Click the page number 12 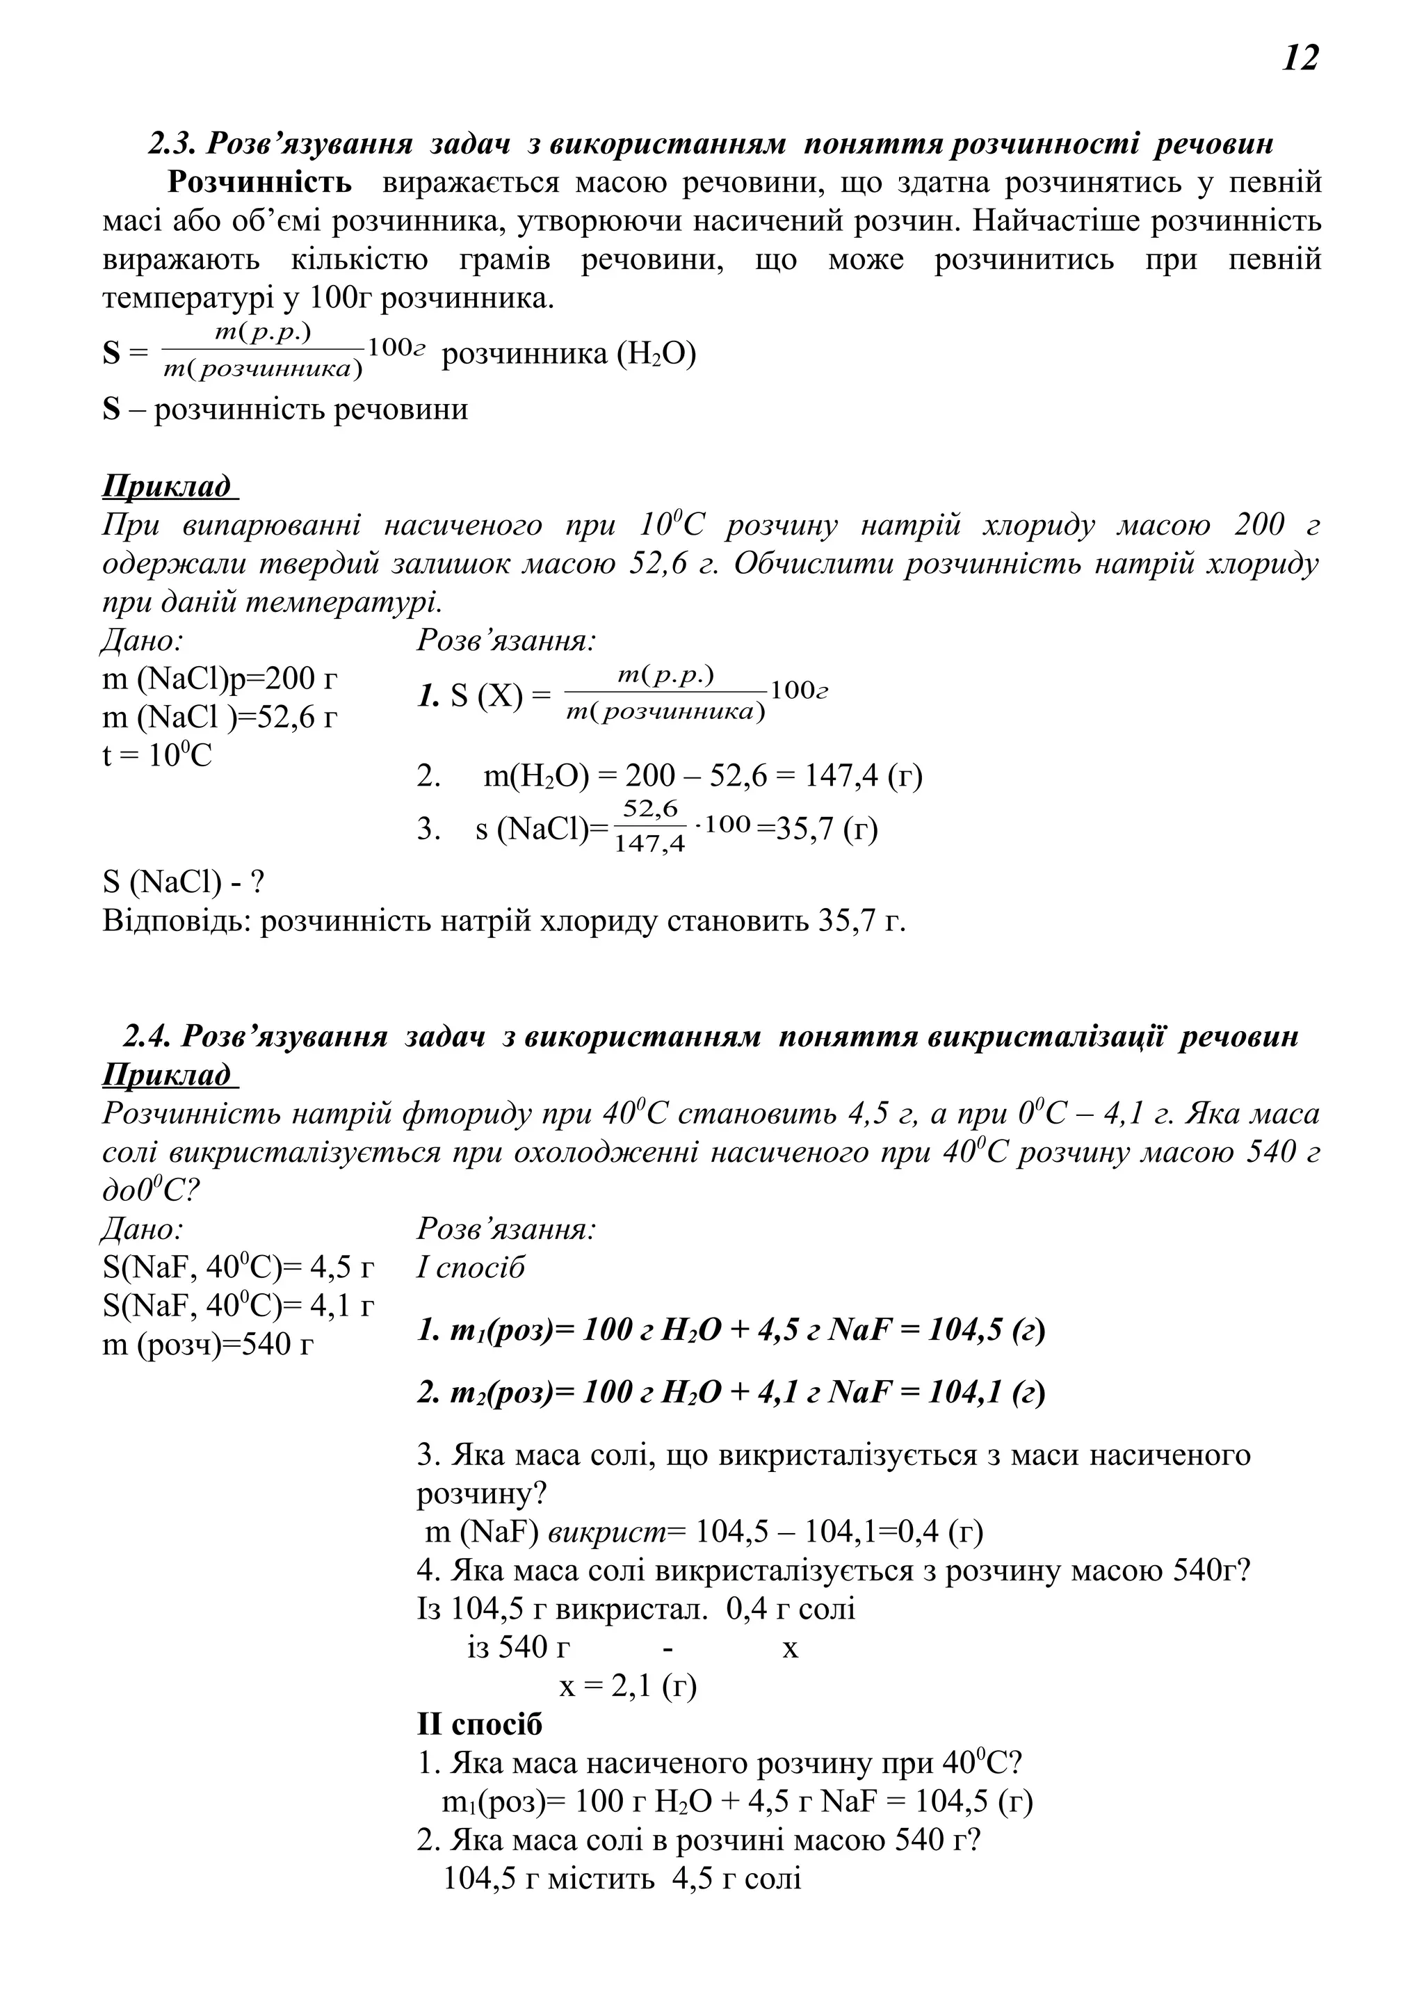(x=1300, y=59)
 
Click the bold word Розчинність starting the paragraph (x=260, y=183)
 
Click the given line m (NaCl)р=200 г (x=219, y=679)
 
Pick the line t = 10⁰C (x=157, y=756)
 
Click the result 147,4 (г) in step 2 (x=864, y=776)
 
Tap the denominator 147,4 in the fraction (x=649, y=844)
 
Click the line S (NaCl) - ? (x=184, y=882)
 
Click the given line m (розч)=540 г (x=208, y=1343)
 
